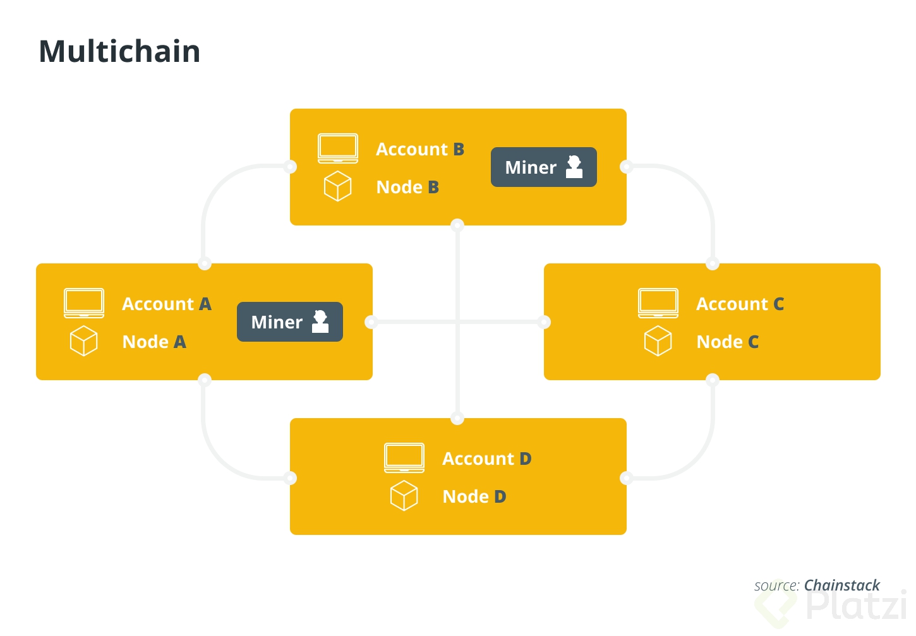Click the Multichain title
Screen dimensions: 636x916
[x=119, y=51]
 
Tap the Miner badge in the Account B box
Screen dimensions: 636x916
[x=543, y=167]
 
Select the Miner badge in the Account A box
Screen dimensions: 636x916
[x=289, y=321]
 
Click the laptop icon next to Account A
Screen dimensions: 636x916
[x=84, y=303]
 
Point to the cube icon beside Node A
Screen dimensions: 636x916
[x=83, y=341]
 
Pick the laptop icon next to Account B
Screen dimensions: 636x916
[x=338, y=148]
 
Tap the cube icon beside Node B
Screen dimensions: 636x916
[x=337, y=186]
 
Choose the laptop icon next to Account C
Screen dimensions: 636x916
[x=658, y=303]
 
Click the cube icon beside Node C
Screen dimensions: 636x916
[x=658, y=341]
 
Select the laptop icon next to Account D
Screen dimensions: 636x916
[x=404, y=458]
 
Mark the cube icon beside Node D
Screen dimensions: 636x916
[x=404, y=496]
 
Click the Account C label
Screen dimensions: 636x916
[x=740, y=304]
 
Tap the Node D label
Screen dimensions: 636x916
[x=474, y=496]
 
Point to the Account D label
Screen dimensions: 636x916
[x=486, y=459]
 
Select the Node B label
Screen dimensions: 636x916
[x=407, y=187]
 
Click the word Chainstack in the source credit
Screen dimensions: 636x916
[x=841, y=585]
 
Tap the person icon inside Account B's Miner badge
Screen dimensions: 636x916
[x=574, y=167]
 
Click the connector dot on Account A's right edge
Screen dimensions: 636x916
[x=371, y=322]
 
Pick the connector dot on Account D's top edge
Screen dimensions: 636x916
[x=458, y=418]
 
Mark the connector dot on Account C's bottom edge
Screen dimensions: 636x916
[x=713, y=380]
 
